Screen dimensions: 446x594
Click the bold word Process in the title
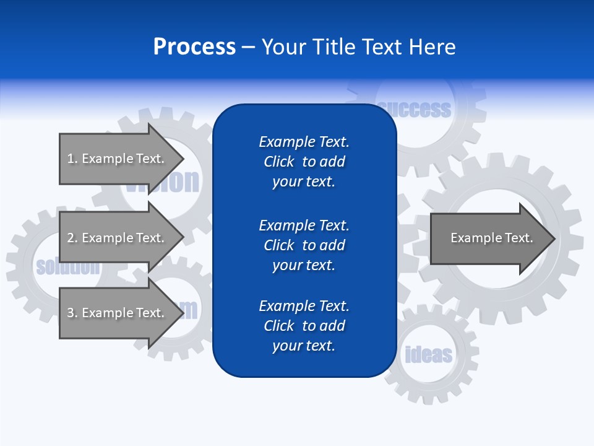point(194,47)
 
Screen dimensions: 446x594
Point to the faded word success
point(415,110)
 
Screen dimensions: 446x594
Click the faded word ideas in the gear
point(428,355)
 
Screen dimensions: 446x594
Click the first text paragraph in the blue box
point(304,162)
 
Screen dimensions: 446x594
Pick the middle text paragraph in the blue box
point(304,245)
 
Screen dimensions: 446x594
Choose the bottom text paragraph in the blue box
point(304,326)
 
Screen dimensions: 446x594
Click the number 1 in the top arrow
point(71,159)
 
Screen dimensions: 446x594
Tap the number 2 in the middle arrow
point(71,238)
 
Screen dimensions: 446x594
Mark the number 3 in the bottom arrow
point(71,313)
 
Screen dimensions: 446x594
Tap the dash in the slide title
point(248,48)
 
